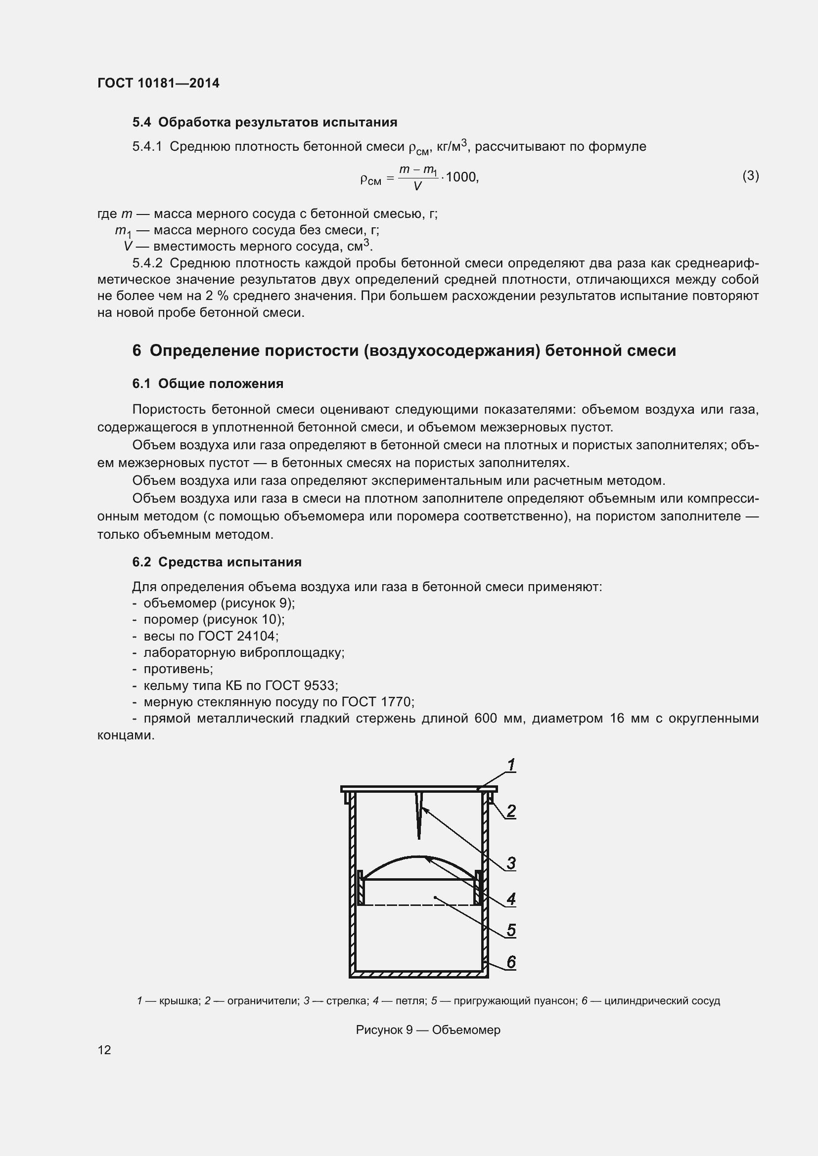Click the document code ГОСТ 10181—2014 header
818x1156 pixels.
click(x=158, y=83)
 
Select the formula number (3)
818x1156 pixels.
click(x=750, y=176)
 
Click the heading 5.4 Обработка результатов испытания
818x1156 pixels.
click(x=265, y=123)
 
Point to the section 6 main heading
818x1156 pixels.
click(x=404, y=350)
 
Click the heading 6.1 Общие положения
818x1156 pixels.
click(x=208, y=384)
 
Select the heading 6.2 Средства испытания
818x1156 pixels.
click(x=217, y=562)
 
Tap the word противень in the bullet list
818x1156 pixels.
click(x=178, y=669)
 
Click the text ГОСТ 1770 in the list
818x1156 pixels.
click(x=376, y=702)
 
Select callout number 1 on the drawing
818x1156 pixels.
click(x=511, y=766)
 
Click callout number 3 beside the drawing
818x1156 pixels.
click(x=511, y=863)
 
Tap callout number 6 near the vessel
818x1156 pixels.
click(x=511, y=962)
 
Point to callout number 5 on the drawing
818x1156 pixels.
click(x=511, y=931)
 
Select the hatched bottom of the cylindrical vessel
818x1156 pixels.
click(x=419, y=975)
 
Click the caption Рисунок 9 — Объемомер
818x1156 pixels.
click(x=428, y=1030)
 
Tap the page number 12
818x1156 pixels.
click(x=104, y=1050)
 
